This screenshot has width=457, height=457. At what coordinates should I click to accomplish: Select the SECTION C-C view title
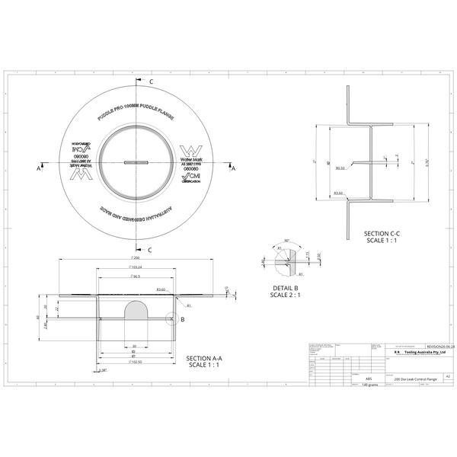tap(382, 237)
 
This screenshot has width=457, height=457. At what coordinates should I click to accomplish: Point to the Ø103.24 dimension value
tap(137, 268)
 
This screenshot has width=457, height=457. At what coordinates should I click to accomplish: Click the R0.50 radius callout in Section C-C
tap(341, 168)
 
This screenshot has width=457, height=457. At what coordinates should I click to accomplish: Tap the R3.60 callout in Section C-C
tap(339, 193)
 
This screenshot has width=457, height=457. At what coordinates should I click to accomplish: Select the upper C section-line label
tap(150, 81)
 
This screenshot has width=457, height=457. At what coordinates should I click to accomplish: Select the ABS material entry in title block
tap(369, 378)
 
